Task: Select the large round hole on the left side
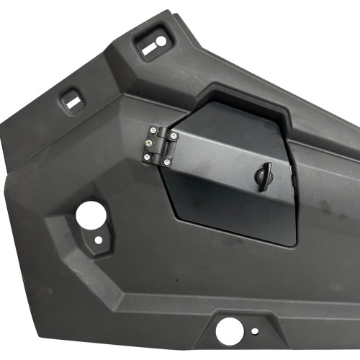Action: tap(90, 213)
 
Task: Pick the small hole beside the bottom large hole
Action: tap(254, 332)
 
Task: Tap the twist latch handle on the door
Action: tap(264, 174)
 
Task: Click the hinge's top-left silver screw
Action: tap(152, 131)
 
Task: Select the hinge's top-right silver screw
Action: tap(174, 135)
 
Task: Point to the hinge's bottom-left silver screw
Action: tap(148, 157)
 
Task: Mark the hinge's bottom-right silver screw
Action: tap(168, 162)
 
